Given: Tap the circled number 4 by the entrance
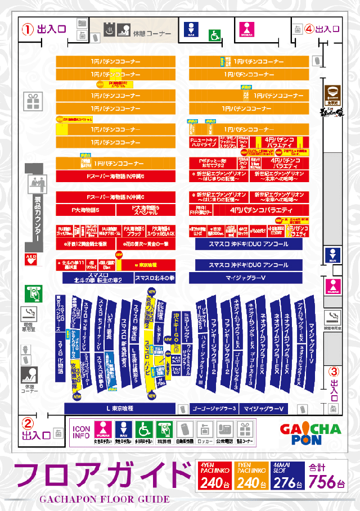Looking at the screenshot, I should pyautogui.click(x=309, y=29).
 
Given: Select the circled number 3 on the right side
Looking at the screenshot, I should pyautogui.click(x=334, y=372).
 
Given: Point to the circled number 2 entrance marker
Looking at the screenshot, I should pyautogui.click(x=28, y=423).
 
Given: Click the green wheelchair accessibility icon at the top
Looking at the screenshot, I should pyautogui.click(x=214, y=35).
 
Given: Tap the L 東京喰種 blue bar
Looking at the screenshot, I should pyautogui.click(x=125, y=408).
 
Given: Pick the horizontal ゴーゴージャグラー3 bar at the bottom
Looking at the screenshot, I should pyautogui.click(x=213, y=408).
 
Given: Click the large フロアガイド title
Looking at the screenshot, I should pyautogui.click(x=101, y=475).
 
